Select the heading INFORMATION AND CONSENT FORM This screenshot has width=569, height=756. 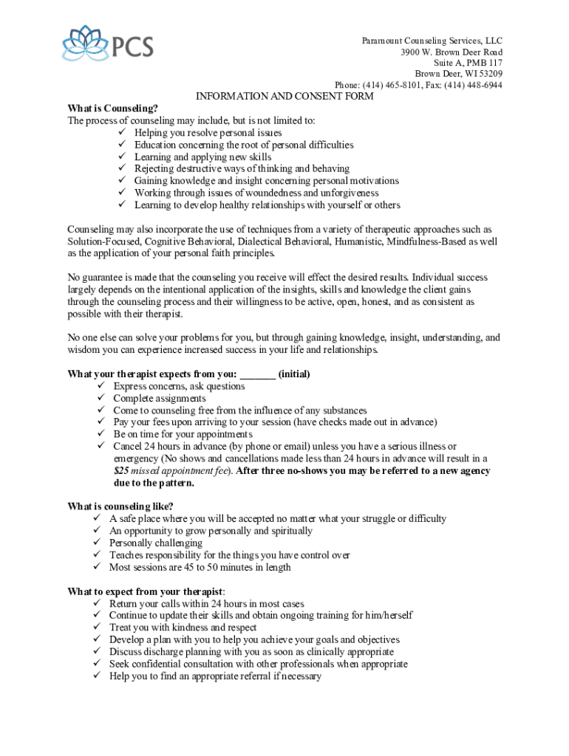point(284,97)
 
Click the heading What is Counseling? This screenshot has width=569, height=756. point(112,109)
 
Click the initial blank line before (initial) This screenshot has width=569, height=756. point(258,374)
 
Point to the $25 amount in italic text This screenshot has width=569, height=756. point(121,471)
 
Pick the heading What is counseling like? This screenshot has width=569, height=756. point(120,506)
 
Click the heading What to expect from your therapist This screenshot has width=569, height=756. point(145,591)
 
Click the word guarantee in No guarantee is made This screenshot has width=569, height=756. point(105,278)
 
